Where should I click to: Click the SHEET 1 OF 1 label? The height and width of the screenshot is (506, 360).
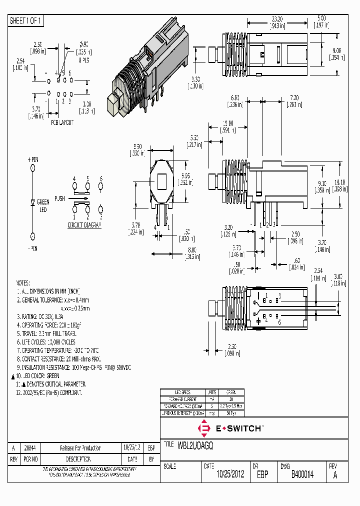coord(26,21)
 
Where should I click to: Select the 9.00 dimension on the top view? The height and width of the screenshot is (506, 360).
coord(336,50)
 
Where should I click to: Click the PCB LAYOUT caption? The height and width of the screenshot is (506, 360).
coord(62,122)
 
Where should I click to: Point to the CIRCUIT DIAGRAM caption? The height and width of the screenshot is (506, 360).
coord(84,225)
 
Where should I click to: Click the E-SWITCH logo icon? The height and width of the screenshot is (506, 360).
coord(204,428)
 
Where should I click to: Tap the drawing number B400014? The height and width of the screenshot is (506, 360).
coord(302,475)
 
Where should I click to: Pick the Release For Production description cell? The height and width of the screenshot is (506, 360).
coord(80,448)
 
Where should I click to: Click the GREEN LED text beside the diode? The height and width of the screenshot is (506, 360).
coord(43,205)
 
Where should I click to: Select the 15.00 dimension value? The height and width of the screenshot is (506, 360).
coord(228,123)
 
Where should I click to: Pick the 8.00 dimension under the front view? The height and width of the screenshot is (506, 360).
coord(191,249)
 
